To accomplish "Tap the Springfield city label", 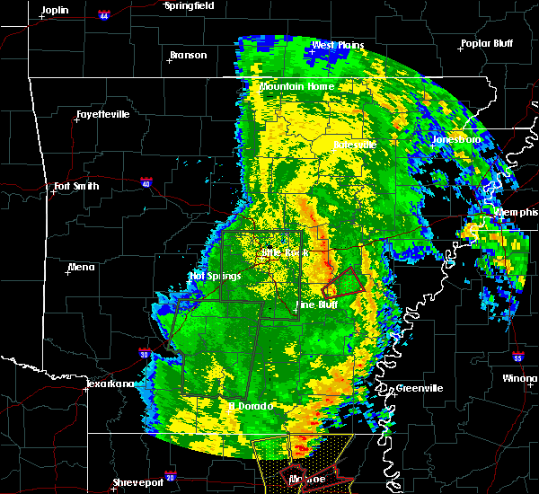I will [x=190, y=5].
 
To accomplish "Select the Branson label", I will [x=188, y=55].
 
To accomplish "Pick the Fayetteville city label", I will [x=102, y=114].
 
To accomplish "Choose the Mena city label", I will [x=81, y=267].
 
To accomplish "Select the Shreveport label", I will [x=138, y=483].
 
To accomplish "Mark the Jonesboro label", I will [x=455, y=140].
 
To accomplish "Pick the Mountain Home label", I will [x=296, y=86].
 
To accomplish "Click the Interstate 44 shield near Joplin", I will [x=104, y=15].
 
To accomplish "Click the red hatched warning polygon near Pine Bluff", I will [x=345, y=285].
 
